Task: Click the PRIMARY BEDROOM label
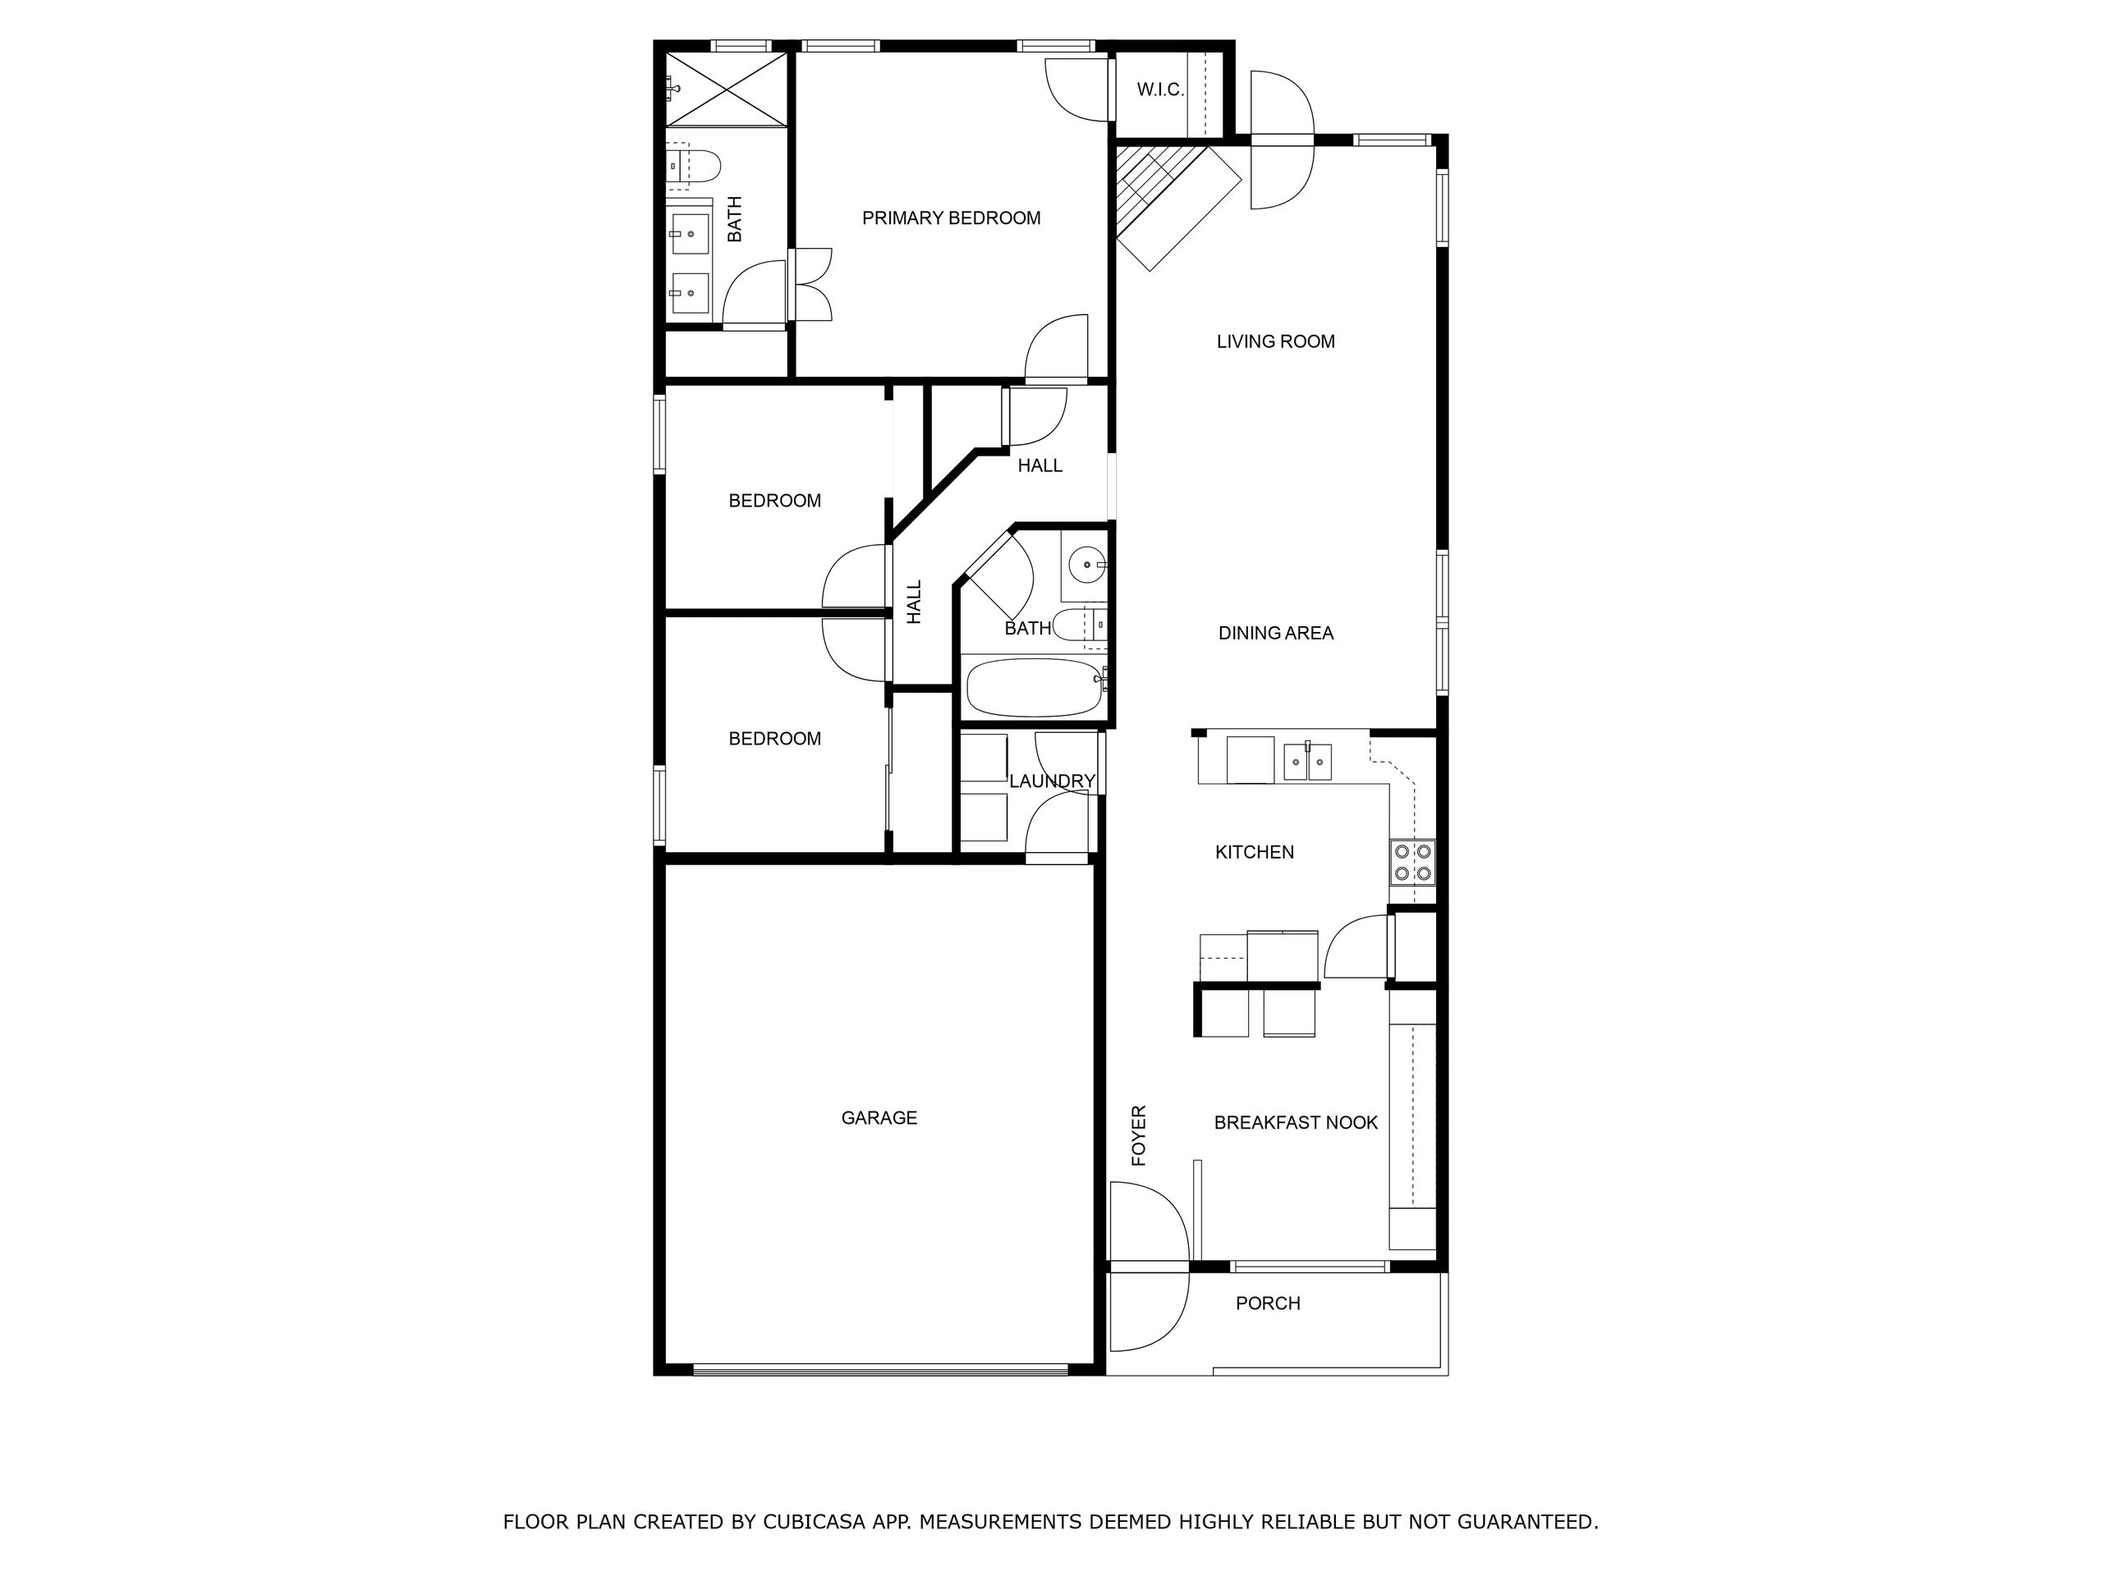[x=951, y=218]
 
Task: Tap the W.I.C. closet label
[x=1160, y=90]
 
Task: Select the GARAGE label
[x=879, y=1118]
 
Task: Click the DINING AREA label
[x=1275, y=634]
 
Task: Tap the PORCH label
[x=1268, y=1303]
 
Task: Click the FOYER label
[x=1140, y=1135]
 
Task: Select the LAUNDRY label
[x=1052, y=781]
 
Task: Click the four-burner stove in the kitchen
[x=1412, y=863]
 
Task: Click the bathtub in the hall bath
[x=1035, y=688]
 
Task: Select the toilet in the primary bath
[x=693, y=165]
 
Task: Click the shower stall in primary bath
[x=726, y=89]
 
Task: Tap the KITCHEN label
[x=1255, y=853]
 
